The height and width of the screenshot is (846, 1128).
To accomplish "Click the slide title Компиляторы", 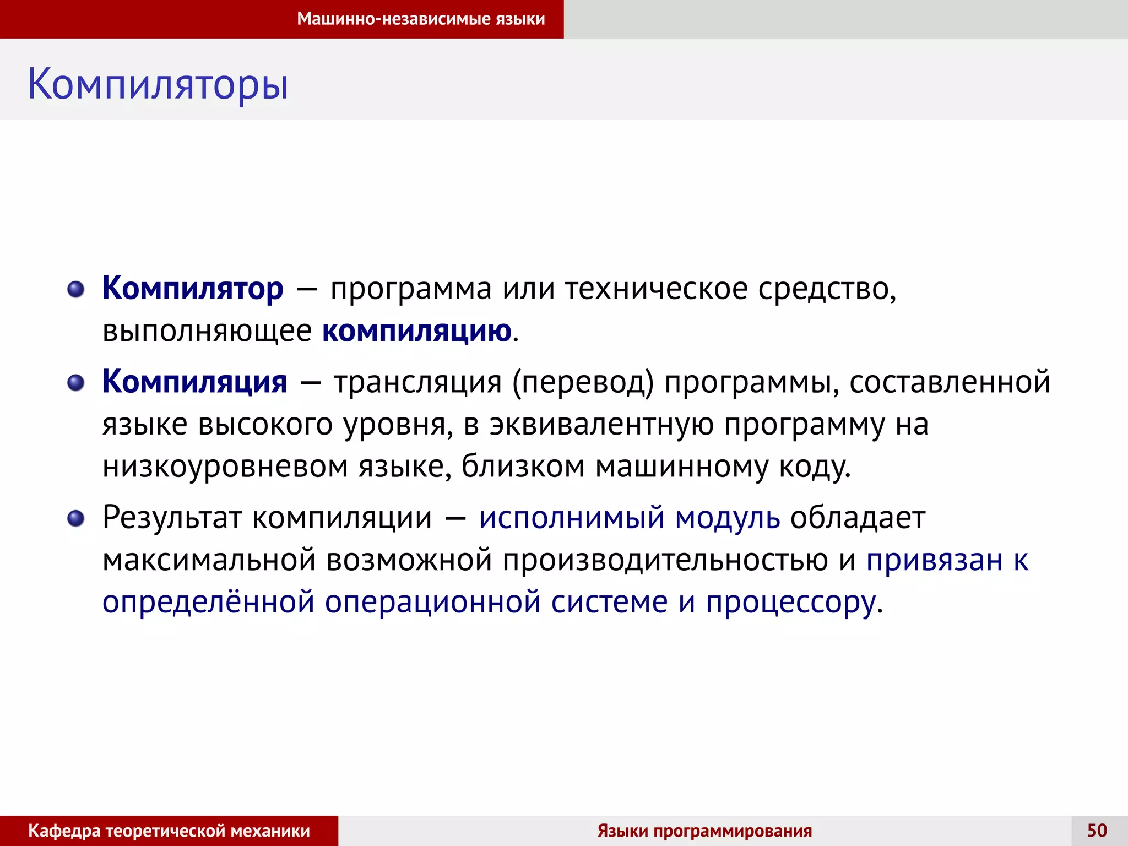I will pyautogui.click(x=158, y=84).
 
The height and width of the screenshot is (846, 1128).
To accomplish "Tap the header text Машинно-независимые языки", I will pyautogui.click(x=421, y=19).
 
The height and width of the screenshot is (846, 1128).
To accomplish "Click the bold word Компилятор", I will pyautogui.click(x=193, y=288).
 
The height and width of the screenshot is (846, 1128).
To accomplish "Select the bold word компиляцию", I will pyautogui.click(x=416, y=331).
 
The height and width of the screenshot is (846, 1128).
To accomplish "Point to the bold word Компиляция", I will pyautogui.click(x=194, y=382).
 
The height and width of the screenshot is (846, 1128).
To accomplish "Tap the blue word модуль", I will pyautogui.click(x=727, y=518).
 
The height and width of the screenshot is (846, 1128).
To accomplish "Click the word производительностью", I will pyautogui.click(x=665, y=560).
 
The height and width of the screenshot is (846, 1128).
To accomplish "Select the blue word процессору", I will pyautogui.click(x=791, y=602).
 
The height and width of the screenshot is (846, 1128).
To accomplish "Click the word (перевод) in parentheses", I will pyautogui.click(x=583, y=382).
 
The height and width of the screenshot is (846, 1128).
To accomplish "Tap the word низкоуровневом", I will pyautogui.click(x=225, y=467).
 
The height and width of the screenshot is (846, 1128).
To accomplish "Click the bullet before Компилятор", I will pyautogui.click(x=76, y=289).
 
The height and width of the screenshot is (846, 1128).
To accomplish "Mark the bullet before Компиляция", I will pyautogui.click(x=76, y=383).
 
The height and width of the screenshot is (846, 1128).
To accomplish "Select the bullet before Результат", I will pyautogui.click(x=76, y=518).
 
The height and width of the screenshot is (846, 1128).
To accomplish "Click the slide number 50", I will pyautogui.click(x=1097, y=831).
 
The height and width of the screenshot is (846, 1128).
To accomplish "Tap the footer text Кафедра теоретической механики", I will pyautogui.click(x=169, y=831).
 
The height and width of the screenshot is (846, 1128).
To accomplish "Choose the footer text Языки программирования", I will pyautogui.click(x=704, y=831).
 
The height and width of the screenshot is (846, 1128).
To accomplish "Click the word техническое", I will pyautogui.click(x=656, y=288).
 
